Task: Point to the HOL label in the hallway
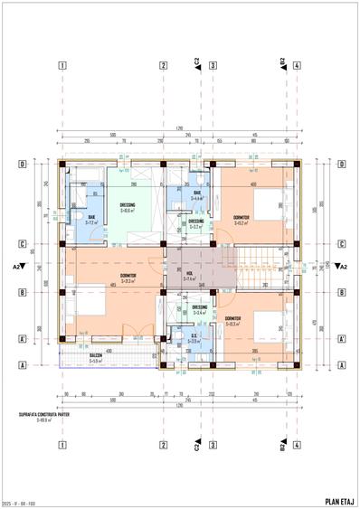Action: click(x=190, y=276)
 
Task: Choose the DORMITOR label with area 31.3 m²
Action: click(x=129, y=278)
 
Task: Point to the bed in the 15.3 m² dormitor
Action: click(x=273, y=330)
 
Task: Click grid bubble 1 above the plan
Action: click(x=62, y=65)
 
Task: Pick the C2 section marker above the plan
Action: click(x=196, y=62)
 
